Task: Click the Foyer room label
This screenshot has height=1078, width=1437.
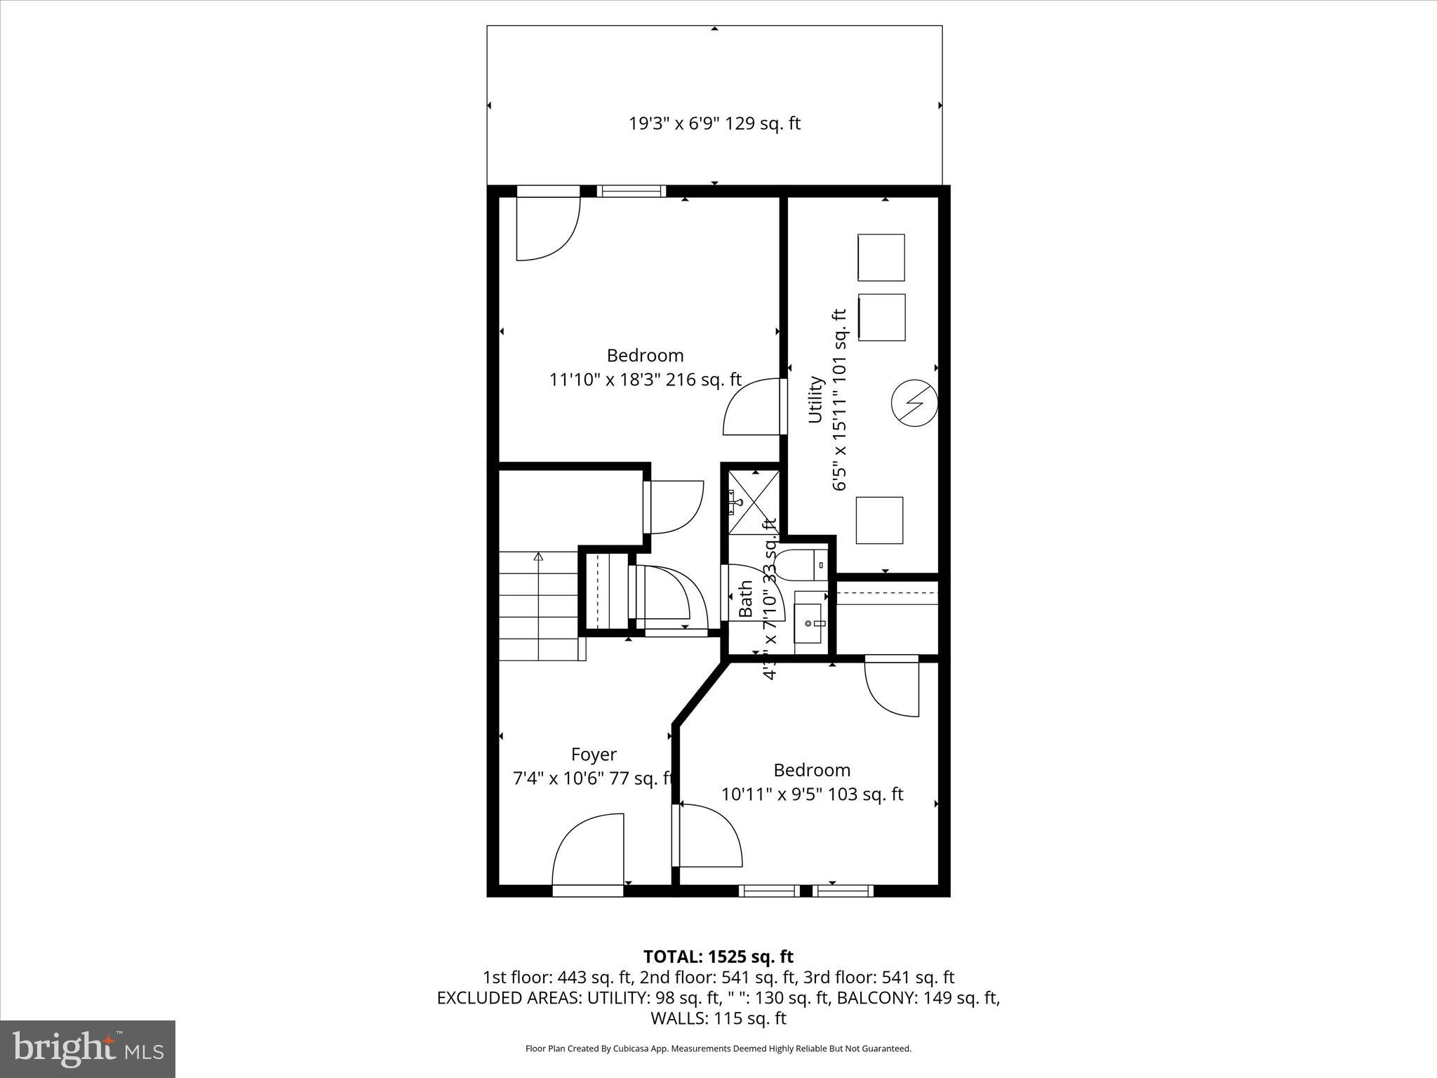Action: [594, 754]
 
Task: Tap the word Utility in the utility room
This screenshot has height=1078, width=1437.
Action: [815, 399]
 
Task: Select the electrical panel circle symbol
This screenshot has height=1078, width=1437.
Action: [914, 404]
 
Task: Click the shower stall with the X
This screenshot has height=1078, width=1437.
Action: [754, 501]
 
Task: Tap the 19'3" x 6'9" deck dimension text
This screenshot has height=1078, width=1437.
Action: [714, 124]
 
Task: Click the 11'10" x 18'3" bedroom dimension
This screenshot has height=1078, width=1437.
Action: [645, 380]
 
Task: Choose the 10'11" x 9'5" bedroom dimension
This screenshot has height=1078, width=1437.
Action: [812, 794]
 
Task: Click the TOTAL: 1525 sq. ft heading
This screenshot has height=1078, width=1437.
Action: [718, 957]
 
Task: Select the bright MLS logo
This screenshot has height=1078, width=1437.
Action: [88, 1049]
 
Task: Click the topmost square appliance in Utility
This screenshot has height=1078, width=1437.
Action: [881, 258]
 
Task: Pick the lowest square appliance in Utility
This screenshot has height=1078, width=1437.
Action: [879, 520]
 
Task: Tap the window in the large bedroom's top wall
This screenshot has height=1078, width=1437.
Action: [631, 191]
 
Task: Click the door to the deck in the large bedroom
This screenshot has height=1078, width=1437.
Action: [548, 223]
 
